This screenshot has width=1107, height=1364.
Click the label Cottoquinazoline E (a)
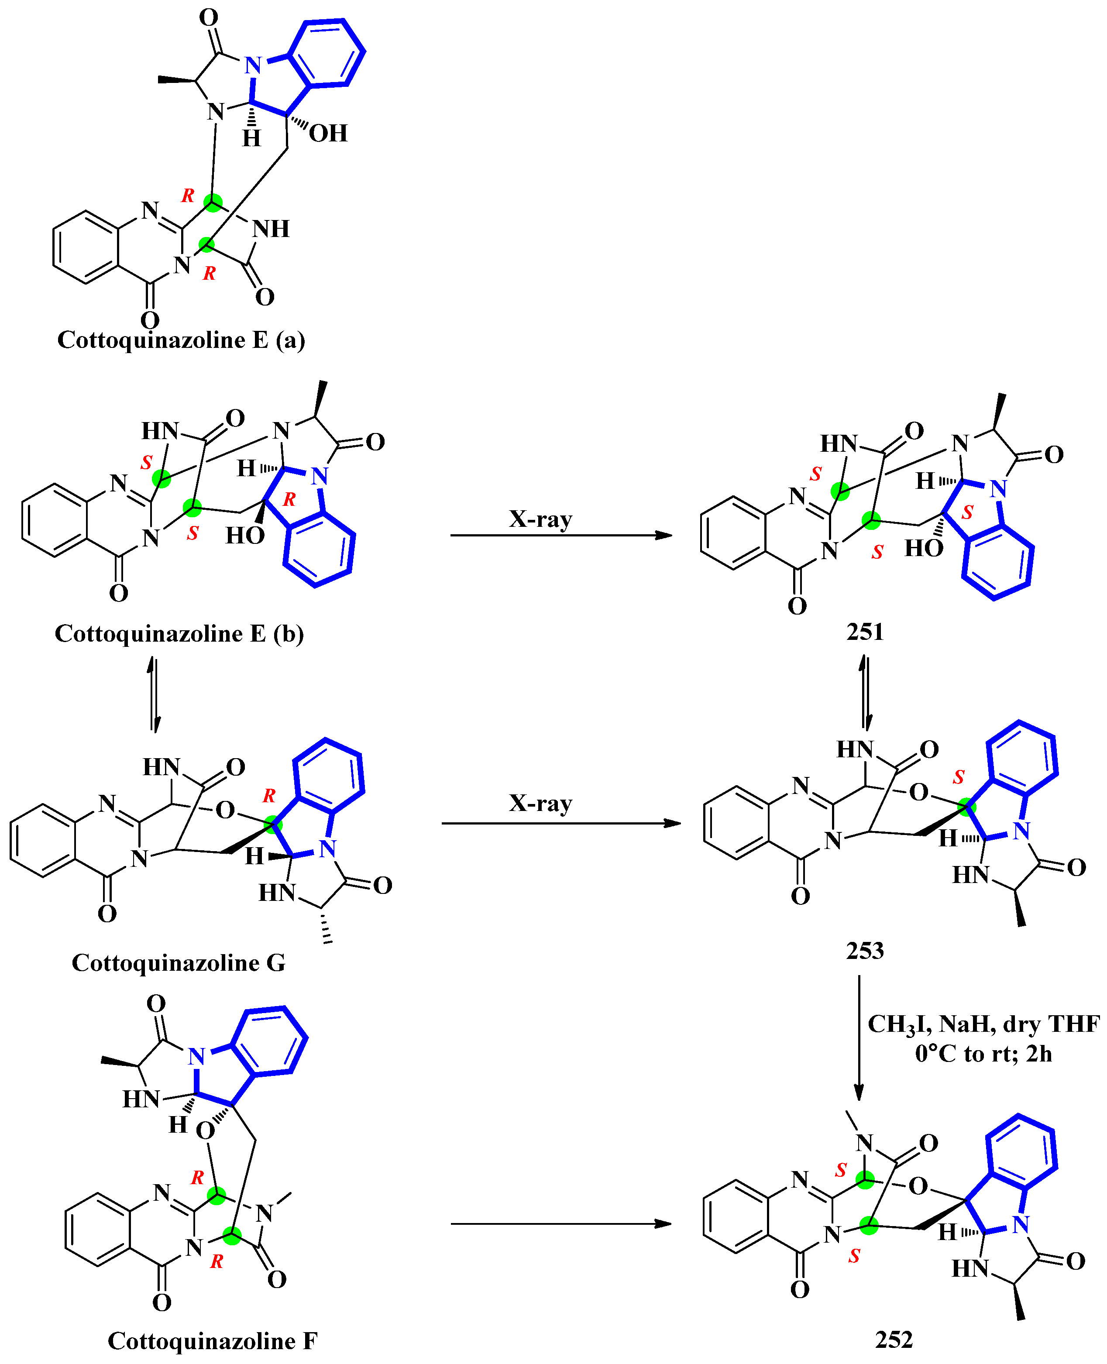click(x=181, y=340)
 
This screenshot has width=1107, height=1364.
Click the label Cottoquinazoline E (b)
click(x=179, y=634)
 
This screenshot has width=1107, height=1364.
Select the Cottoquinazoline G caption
click(x=179, y=963)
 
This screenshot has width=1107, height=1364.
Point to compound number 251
click(x=865, y=632)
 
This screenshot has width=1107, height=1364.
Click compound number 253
click(x=865, y=951)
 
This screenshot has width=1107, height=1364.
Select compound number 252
click(x=894, y=1340)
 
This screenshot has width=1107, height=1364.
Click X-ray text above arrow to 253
click(x=540, y=804)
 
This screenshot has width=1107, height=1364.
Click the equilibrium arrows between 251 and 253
click(x=865, y=691)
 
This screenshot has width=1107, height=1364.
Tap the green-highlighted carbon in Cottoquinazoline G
click(x=273, y=825)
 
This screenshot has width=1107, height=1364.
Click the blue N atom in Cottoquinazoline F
click(x=196, y=1057)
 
